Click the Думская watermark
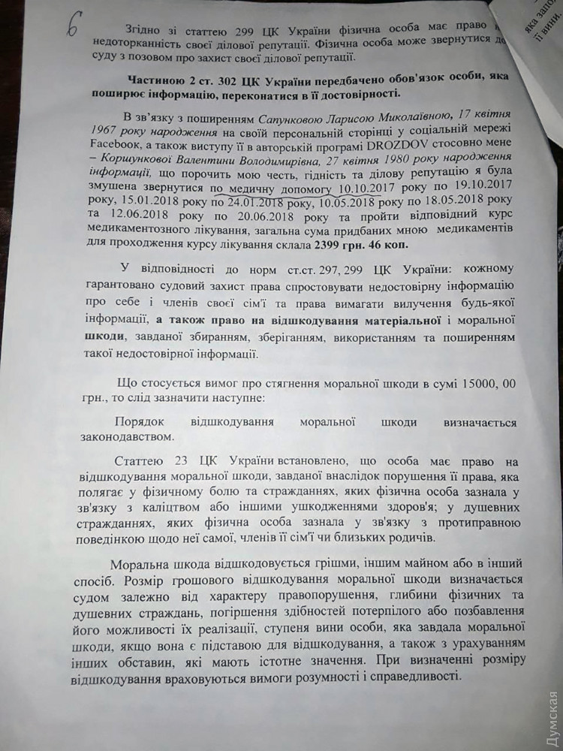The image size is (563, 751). pyautogui.click(x=550, y=713)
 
